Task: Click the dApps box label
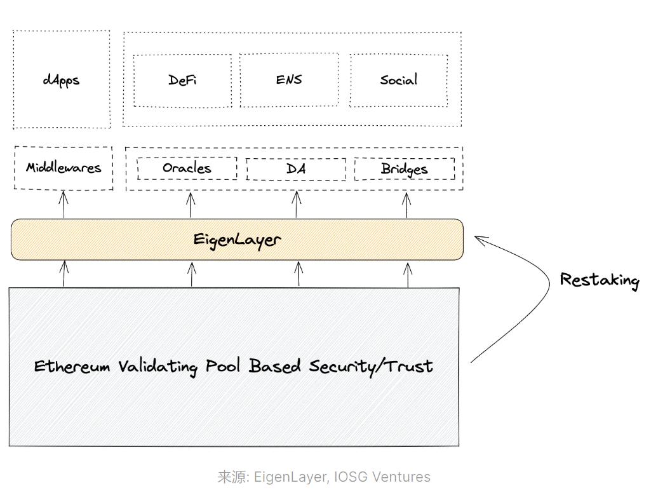coord(62,81)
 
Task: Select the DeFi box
coord(182,81)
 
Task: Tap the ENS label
coord(289,80)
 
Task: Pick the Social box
coord(399,80)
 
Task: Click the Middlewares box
coord(64,168)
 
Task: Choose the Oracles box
coord(187,168)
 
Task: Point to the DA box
coord(296,169)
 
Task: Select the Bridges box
coord(405,169)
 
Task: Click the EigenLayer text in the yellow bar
coord(237,240)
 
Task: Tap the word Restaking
coord(600,280)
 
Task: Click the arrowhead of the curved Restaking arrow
coord(479,240)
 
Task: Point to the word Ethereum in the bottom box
coord(72,367)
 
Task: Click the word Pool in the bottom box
coord(224,367)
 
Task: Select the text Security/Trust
coord(371,367)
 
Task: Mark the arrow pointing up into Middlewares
coord(64,204)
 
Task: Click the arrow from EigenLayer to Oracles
coord(191,204)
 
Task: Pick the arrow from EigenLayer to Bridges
coord(407,204)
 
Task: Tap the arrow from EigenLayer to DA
coord(297,204)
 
